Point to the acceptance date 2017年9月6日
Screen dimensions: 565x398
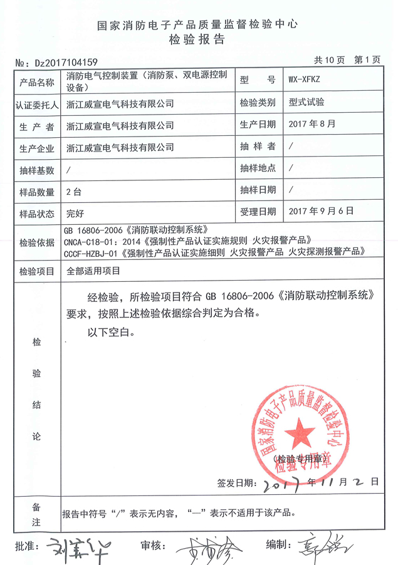click(x=322, y=212)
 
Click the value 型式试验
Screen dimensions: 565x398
click(x=306, y=102)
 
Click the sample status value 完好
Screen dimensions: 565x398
click(x=75, y=212)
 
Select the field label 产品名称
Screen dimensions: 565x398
click(x=37, y=82)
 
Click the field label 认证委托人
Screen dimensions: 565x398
click(x=37, y=104)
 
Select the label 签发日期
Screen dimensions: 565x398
click(x=236, y=483)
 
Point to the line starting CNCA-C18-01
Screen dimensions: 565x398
click(x=187, y=240)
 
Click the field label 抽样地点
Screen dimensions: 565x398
click(x=257, y=168)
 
